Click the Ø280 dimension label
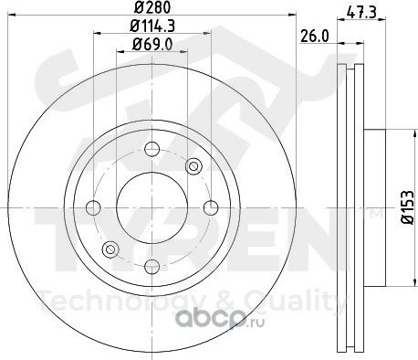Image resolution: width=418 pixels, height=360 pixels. [x=152, y=7]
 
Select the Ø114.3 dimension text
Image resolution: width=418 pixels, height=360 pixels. [x=152, y=26]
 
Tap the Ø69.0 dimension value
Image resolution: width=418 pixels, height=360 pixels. [x=152, y=45]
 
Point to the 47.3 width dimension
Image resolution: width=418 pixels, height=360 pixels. [x=361, y=13]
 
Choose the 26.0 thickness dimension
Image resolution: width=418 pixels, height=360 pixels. [x=315, y=37]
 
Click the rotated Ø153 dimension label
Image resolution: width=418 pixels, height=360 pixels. [x=408, y=207]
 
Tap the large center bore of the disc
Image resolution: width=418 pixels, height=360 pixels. [x=152, y=207]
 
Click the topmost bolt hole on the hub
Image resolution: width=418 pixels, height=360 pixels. [x=152, y=149]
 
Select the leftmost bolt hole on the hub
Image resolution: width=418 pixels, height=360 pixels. [x=93, y=207]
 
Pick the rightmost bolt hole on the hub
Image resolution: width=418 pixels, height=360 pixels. [x=211, y=207]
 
